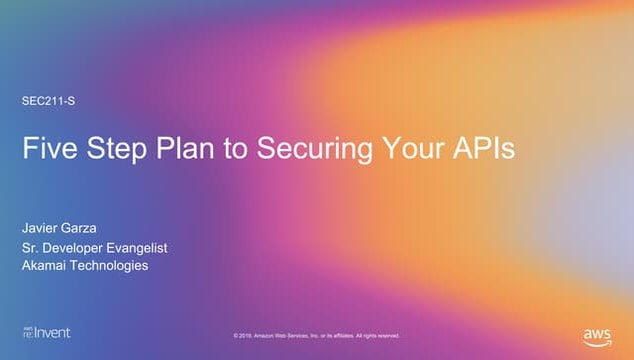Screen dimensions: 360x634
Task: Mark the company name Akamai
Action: coord(45,265)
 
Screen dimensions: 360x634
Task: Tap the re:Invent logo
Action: coord(46,332)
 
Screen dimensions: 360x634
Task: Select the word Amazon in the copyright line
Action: coord(269,335)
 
